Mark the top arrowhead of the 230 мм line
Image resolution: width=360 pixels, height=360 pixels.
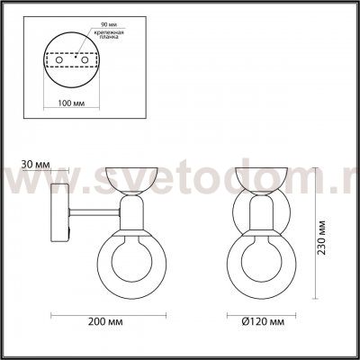tap(314, 169)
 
